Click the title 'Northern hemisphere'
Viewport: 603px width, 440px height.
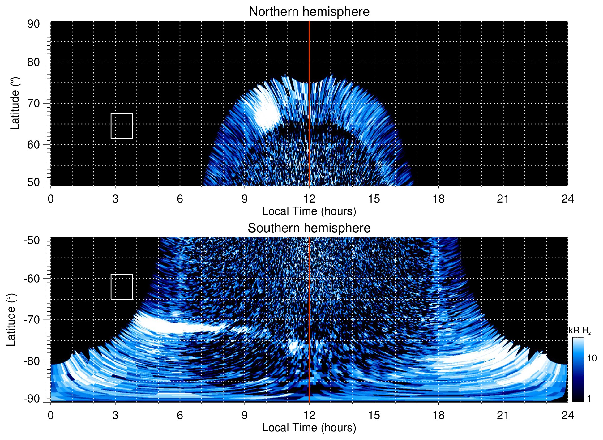click(x=309, y=12)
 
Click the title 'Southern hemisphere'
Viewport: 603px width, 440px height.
click(x=309, y=228)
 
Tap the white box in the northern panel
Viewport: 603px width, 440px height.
click(x=122, y=126)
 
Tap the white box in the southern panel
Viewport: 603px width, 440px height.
click(x=122, y=287)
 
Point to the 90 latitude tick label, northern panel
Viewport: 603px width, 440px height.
click(x=33, y=24)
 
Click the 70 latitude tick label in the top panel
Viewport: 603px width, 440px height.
click(x=33, y=103)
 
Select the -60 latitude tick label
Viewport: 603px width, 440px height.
click(x=32, y=278)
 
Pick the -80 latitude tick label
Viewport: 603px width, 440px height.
click(x=32, y=361)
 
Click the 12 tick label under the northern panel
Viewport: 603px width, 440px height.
click(x=309, y=199)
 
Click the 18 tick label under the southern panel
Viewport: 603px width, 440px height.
click(x=438, y=415)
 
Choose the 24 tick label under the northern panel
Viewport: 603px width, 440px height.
click(x=567, y=199)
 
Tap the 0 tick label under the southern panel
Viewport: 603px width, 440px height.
click(x=51, y=415)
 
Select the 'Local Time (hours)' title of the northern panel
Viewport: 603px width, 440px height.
click(x=309, y=211)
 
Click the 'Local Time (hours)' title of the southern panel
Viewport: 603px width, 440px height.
click(x=309, y=428)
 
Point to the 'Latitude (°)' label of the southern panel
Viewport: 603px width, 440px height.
click(x=11, y=320)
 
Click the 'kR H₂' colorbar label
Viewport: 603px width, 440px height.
click(x=579, y=331)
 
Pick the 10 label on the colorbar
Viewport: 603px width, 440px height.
click(x=592, y=358)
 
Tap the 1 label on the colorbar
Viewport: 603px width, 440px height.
click(x=589, y=399)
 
